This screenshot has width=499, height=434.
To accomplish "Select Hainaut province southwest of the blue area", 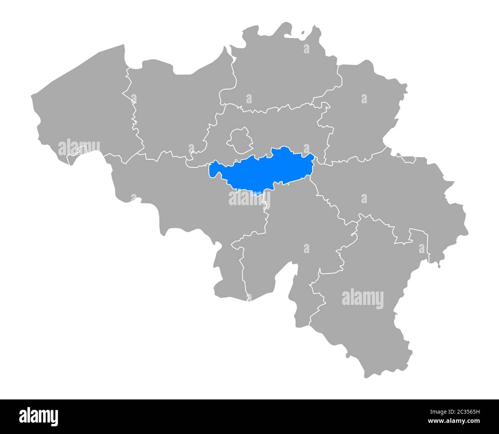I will [173, 196].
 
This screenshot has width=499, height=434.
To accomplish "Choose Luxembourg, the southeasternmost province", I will [361, 307].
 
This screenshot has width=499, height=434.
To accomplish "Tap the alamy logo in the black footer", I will [39, 416].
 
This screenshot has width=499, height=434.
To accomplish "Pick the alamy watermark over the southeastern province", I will [362, 299].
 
